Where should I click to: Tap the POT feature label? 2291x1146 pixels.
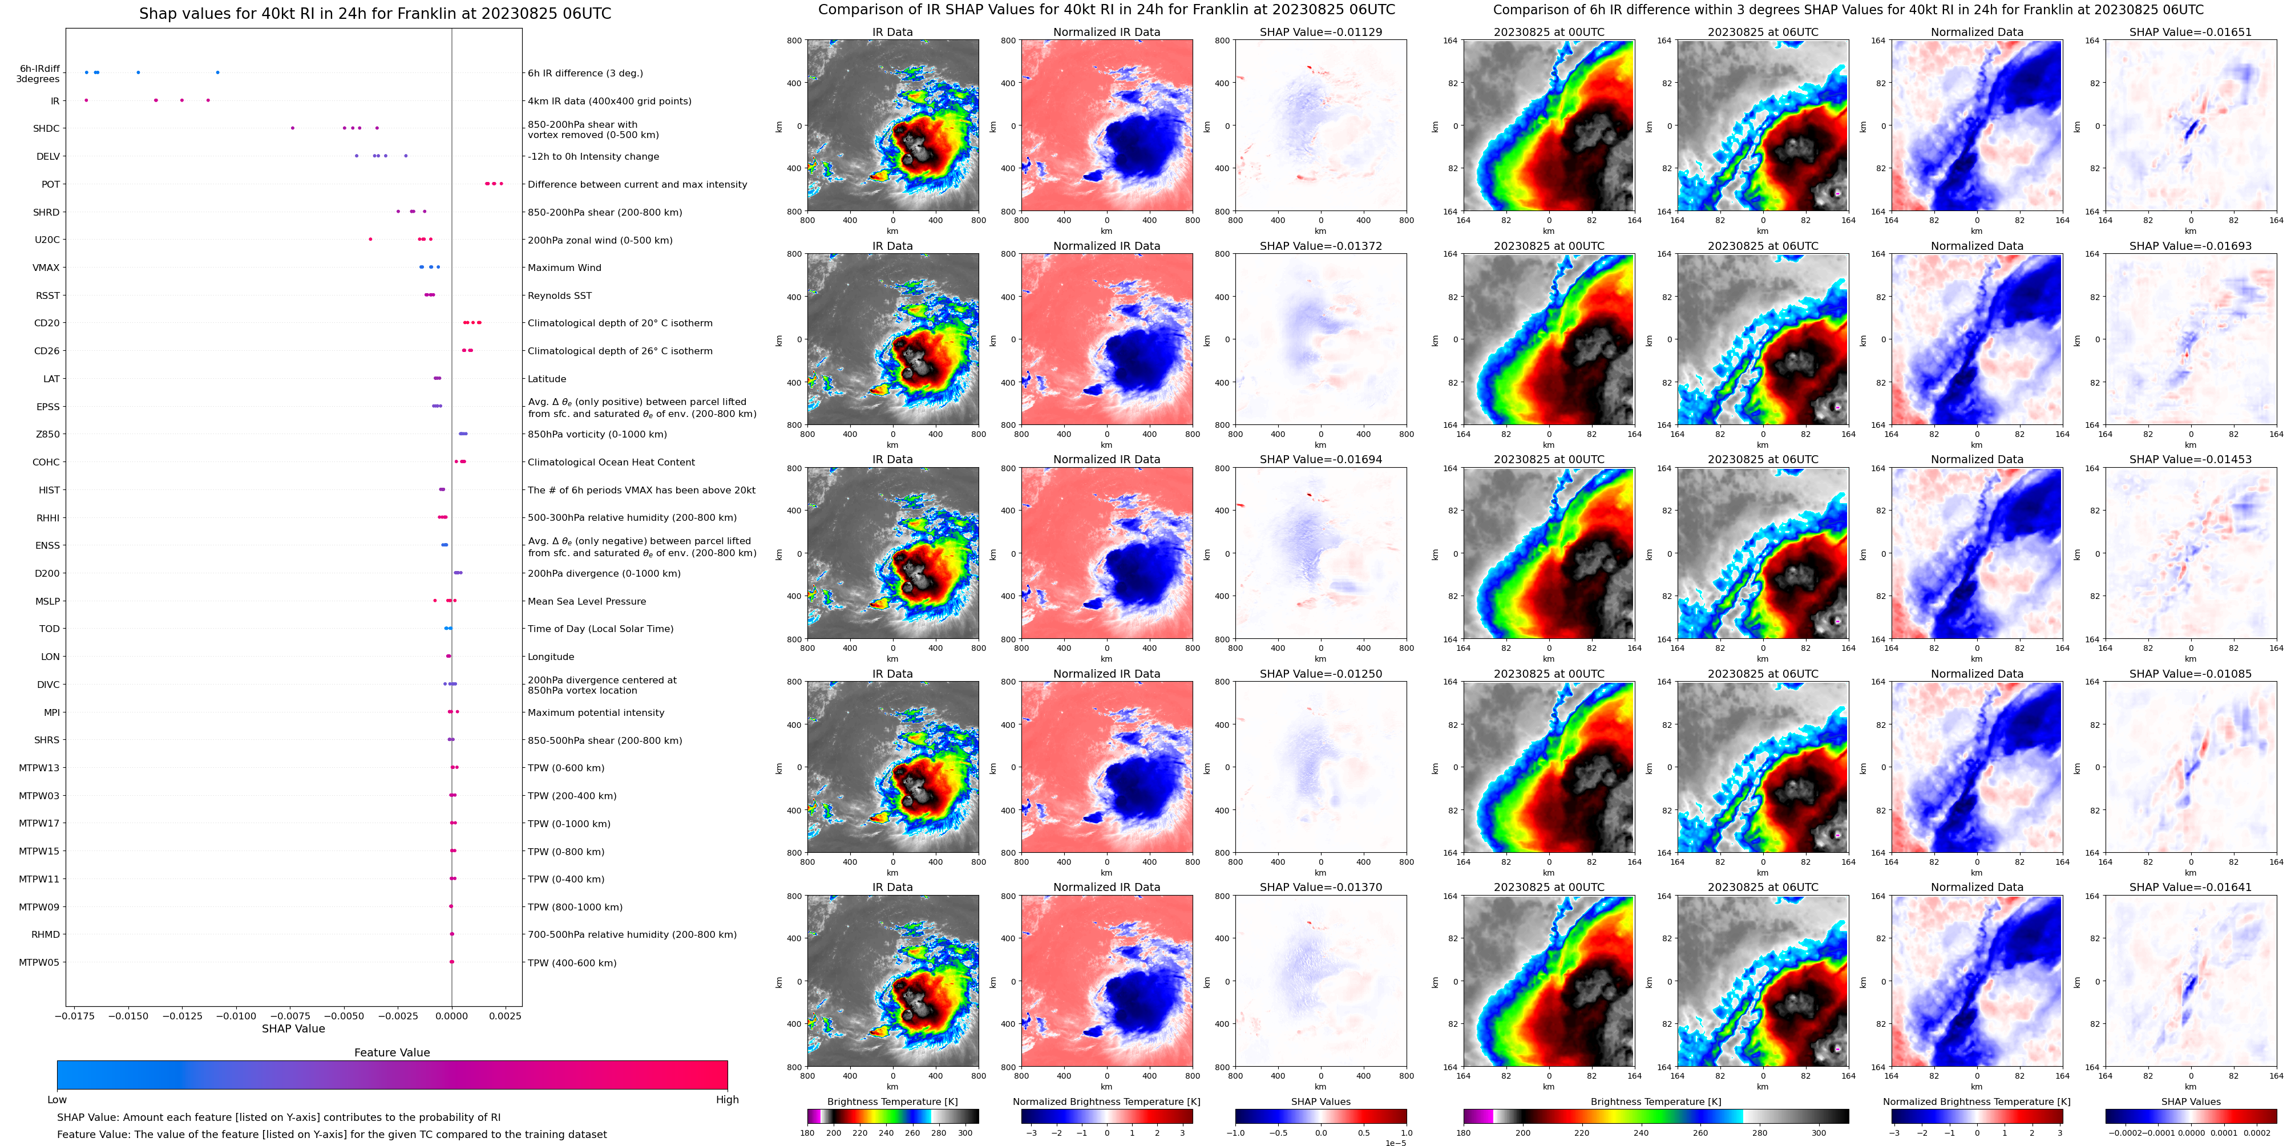coord(51,185)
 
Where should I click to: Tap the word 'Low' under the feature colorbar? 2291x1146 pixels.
coord(57,1100)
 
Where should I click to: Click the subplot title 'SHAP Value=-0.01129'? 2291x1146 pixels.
coord(1321,32)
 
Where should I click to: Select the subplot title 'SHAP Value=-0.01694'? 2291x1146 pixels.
coord(1321,460)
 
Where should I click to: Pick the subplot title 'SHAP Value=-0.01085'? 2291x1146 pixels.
coord(2191,674)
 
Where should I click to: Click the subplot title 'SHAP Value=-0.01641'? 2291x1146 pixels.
coord(2191,887)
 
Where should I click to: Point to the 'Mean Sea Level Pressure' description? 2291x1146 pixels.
coord(587,602)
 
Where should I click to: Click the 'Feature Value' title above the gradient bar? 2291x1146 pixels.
coord(392,1052)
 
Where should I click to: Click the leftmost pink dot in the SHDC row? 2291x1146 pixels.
coord(293,128)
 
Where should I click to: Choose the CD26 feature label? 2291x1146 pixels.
coord(47,351)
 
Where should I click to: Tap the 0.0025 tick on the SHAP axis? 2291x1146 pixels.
coord(506,1015)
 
